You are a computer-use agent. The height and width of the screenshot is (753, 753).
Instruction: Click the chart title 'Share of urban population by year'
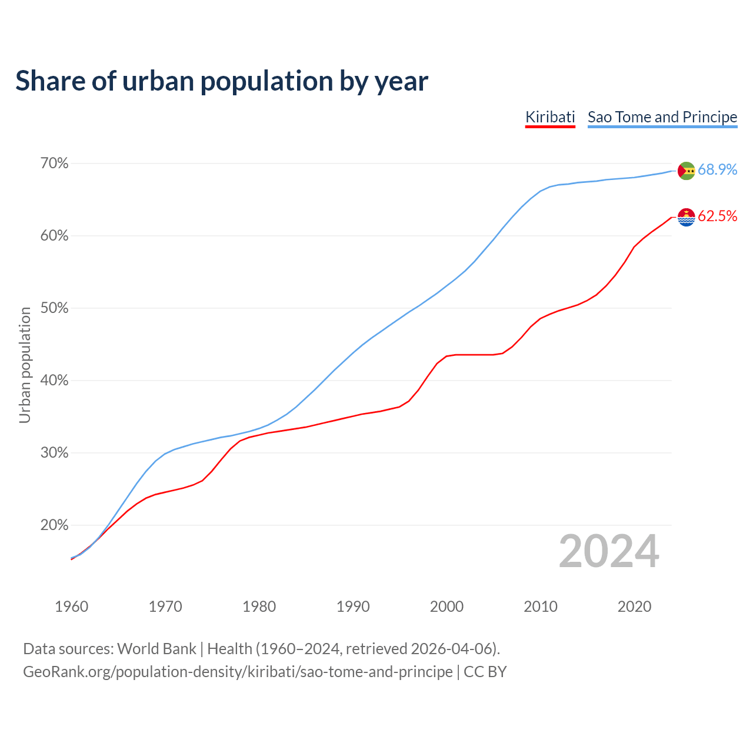222,81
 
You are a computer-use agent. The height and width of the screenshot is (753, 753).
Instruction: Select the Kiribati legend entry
550,117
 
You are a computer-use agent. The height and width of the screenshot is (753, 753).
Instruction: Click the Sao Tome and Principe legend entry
662,117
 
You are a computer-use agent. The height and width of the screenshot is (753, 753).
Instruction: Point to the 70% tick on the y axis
54,164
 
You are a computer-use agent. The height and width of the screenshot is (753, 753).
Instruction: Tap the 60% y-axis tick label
54,236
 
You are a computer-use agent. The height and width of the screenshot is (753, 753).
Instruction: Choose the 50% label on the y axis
54,308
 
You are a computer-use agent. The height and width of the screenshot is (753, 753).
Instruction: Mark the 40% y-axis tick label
54,381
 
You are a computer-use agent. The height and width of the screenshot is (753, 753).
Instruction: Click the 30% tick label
54,453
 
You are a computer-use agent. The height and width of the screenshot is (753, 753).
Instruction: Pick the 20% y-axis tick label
54,525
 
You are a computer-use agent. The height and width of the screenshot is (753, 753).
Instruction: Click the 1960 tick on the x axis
71,607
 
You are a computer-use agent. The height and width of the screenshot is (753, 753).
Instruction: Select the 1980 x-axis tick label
259,607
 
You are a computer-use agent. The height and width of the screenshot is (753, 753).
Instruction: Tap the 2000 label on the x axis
447,607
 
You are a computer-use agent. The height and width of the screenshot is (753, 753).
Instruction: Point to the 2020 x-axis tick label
634,607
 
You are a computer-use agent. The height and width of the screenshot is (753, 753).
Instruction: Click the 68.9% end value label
717,170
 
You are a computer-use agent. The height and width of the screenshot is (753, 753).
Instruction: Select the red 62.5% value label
717,216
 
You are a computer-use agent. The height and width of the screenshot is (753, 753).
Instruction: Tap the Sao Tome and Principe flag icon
686,171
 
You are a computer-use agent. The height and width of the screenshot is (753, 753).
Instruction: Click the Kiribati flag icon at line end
686,217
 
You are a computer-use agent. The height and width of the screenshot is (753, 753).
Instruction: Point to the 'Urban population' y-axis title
25,365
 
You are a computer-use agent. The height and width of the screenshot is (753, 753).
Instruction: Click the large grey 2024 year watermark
609,551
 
